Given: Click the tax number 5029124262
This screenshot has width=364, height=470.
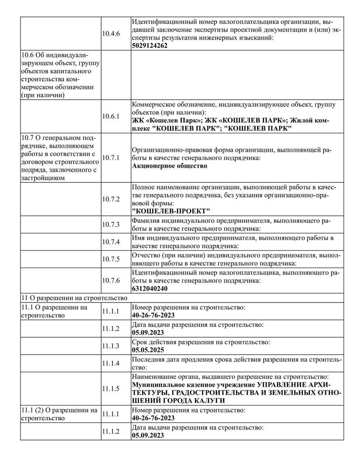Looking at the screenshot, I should click(x=150, y=45).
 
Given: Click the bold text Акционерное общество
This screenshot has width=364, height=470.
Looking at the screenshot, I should click(x=170, y=166).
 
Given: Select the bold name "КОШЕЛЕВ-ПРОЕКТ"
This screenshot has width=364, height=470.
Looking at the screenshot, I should click(x=171, y=211).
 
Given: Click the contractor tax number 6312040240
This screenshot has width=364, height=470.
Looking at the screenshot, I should click(x=150, y=289).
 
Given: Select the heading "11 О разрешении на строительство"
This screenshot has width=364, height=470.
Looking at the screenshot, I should click(x=74, y=298).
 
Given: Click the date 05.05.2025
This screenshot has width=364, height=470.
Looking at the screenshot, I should click(x=148, y=350).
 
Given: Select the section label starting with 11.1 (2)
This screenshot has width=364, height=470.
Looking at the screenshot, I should click(x=59, y=414).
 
